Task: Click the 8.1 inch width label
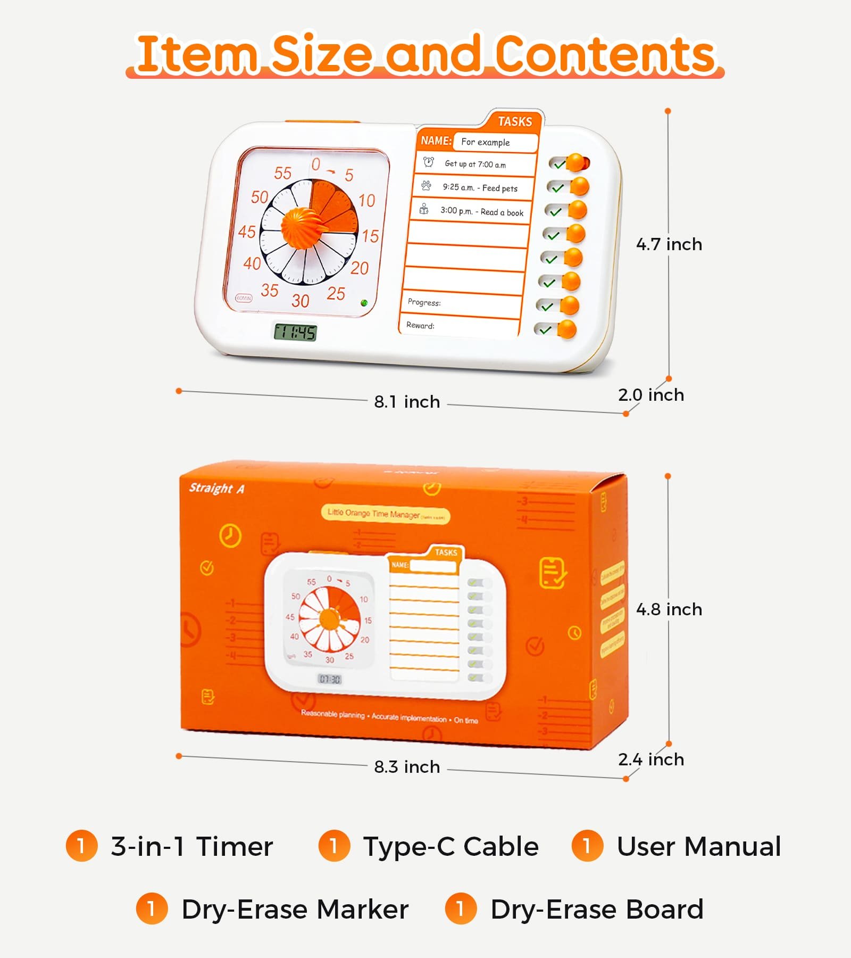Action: click(x=407, y=402)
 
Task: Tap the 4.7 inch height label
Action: click(x=669, y=244)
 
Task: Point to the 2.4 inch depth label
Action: click(x=650, y=759)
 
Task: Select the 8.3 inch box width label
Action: click(x=407, y=767)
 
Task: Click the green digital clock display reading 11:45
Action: click(x=295, y=333)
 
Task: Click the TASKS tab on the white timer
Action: click(x=514, y=121)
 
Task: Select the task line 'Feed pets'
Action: click(x=480, y=188)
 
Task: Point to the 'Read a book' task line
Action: click(x=481, y=212)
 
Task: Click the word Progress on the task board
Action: click(x=424, y=302)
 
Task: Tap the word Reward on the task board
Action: click(x=420, y=325)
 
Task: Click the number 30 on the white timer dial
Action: click(x=301, y=301)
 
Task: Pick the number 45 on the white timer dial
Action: click(x=247, y=232)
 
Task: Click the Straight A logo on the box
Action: click(x=216, y=489)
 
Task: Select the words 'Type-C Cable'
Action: click(x=450, y=847)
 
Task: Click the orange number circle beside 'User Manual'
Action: click(x=587, y=846)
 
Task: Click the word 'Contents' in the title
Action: click(x=605, y=54)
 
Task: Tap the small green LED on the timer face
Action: click(x=364, y=303)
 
